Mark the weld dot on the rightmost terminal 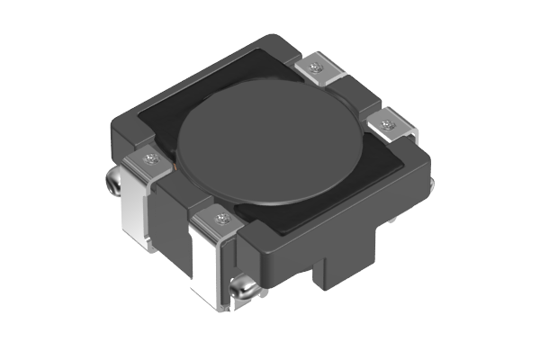coord(388,125)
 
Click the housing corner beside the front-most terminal coord(256,243)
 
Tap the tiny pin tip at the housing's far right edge coord(433,184)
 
